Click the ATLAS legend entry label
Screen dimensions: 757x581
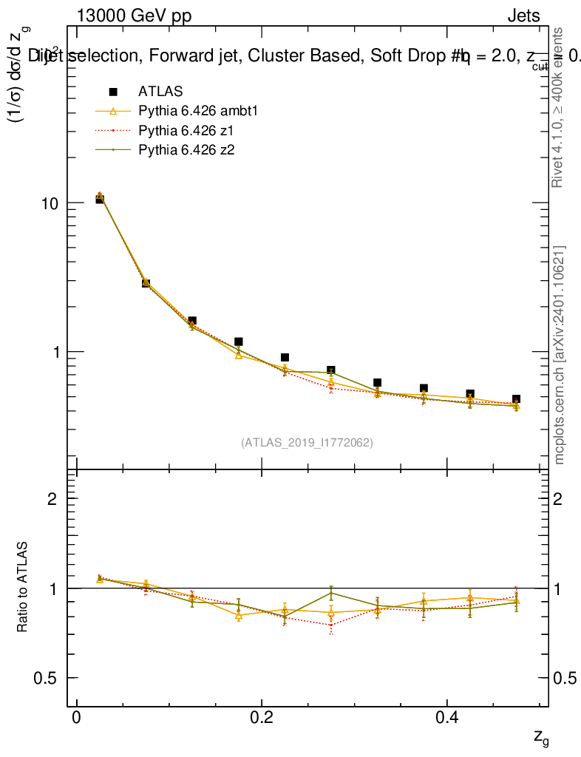click(160, 92)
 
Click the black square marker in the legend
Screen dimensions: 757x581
click(113, 92)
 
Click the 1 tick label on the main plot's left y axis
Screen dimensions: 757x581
click(58, 352)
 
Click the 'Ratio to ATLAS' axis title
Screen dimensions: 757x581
click(23, 588)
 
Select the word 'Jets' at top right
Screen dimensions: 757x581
click(523, 16)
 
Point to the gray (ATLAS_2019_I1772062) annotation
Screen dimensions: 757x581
click(307, 443)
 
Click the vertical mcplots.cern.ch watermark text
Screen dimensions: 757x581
click(560, 355)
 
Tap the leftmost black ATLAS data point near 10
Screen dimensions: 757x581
click(100, 199)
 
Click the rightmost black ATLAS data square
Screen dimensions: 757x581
click(516, 400)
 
